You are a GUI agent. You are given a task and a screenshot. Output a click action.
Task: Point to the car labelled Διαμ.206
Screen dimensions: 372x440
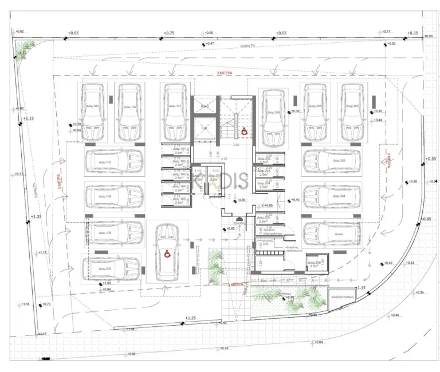pos(274,117)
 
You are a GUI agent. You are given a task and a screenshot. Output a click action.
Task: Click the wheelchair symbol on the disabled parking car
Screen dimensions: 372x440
pos(167,254)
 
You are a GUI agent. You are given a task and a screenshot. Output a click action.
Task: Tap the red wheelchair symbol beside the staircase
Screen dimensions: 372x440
pos(243,131)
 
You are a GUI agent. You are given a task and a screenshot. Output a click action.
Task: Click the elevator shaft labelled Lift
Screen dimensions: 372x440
pos(205,128)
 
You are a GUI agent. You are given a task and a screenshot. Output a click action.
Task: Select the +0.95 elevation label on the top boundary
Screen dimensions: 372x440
pos(73,33)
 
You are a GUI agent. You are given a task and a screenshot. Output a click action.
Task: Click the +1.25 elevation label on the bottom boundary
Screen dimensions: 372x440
pos(191,318)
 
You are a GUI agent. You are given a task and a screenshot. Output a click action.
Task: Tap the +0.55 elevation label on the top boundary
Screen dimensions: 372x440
pos(281,33)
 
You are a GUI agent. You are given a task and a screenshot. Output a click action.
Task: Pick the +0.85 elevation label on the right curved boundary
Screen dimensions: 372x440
pos(426,219)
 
